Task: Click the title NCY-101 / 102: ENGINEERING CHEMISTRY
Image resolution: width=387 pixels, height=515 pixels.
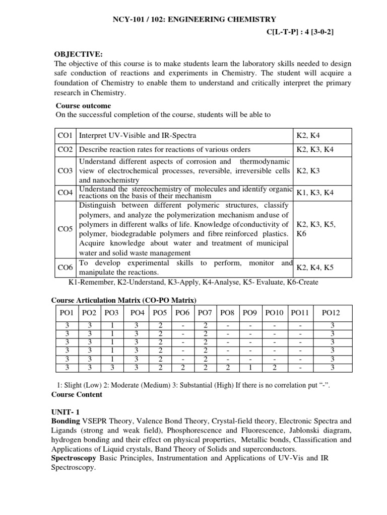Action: click(193, 19)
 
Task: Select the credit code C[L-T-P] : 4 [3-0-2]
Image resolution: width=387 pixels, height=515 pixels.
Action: click(300, 32)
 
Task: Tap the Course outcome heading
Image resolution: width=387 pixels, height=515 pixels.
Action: click(83, 106)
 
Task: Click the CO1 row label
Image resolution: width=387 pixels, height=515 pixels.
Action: click(66, 136)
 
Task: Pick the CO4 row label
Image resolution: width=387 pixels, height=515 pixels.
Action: click(66, 193)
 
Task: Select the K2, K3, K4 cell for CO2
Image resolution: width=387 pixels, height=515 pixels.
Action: click(315, 149)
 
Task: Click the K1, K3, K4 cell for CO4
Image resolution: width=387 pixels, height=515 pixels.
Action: click(315, 193)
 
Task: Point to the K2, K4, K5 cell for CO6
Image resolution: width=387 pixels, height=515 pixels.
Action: click(315, 267)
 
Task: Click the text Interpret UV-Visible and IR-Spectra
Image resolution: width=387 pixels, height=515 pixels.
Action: click(138, 136)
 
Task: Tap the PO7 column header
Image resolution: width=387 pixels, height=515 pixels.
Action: click(205, 313)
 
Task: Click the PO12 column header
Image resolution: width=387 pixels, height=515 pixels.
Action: click(331, 313)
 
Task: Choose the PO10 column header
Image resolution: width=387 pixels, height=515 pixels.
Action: click(274, 313)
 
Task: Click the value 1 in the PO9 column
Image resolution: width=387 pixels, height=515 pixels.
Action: click(250, 368)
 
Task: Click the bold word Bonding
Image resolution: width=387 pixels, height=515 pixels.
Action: click(66, 420)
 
